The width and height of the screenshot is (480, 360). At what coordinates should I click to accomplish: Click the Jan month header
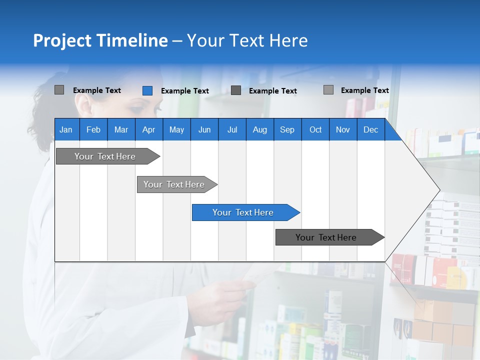click(x=66, y=129)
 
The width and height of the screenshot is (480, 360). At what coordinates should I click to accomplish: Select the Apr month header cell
click(x=148, y=129)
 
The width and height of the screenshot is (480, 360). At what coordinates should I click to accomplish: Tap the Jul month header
click(x=232, y=129)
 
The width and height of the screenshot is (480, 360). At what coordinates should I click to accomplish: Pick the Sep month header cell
click(x=287, y=129)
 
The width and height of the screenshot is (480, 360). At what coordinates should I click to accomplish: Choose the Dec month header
click(x=370, y=129)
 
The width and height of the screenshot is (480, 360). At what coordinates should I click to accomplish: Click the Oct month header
click(x=315, y=129)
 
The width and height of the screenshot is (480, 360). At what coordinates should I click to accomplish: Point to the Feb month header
click(x=93, y=129)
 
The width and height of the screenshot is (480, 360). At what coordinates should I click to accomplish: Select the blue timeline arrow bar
click(x=245, y=212)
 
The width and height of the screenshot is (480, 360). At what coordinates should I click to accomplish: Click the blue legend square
click(x=147, y=90)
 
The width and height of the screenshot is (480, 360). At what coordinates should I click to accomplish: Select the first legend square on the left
click(x=59, y=90)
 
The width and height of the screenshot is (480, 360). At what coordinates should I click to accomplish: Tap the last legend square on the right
click(x=328, y=90)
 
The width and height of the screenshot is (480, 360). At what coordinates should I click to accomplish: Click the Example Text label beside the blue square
click(x=184, y=91)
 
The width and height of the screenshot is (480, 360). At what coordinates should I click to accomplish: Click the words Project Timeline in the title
click(x=100, y=40)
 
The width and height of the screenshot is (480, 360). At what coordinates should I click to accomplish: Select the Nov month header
click(x=343, y=129)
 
